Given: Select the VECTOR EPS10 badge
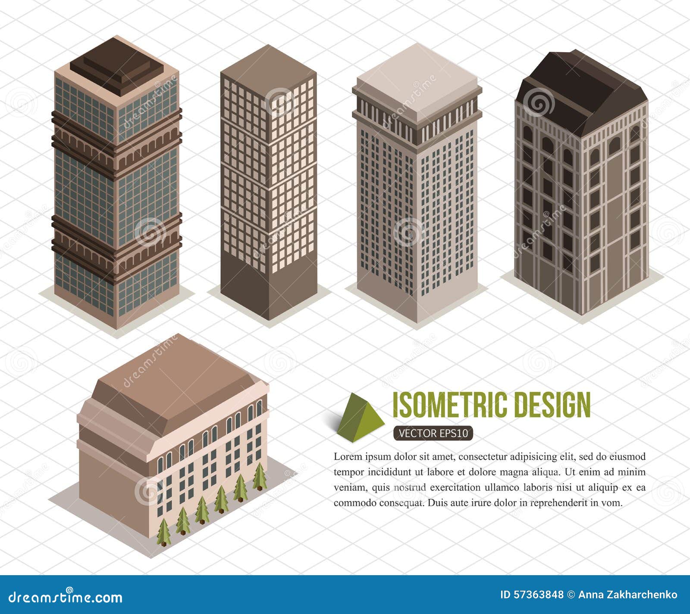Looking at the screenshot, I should click(x=433, y=434).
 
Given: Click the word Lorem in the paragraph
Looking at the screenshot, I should click(x=348, y=457).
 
